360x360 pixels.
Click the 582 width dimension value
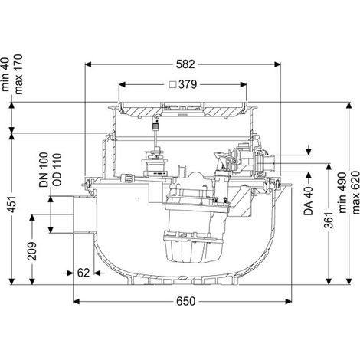pyautogui.click(x=185, y=64)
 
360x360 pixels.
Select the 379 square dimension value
pyautogui.click(x=188, y=84)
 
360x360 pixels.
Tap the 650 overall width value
pyautogui.click(x=186, y=302)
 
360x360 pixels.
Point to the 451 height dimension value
pyautogui.click(x=11, y=205)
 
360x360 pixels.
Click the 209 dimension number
pyautogui.click(x=32, y=251)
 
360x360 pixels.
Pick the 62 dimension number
pyautogui.click(x=83, y=273)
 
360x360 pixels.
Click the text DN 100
pyautogui.click(x=44, y=170)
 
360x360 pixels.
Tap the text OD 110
pyautogui.click(x=57, y=169)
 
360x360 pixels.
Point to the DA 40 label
pyautogui.click(x=309, y=201)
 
